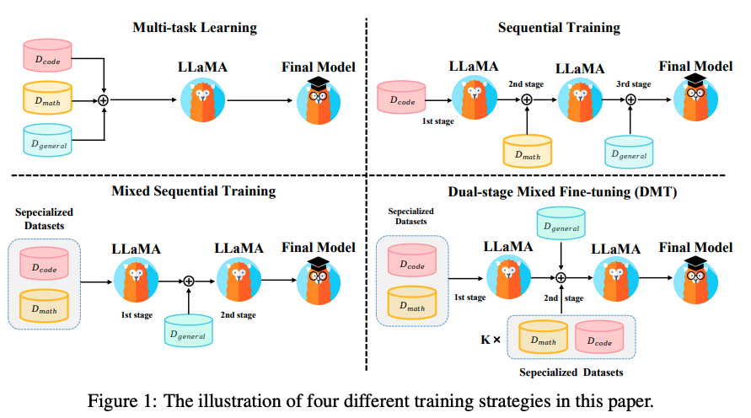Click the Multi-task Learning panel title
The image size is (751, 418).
pyautogui.click(x=195, y=28)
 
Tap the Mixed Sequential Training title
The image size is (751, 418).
pyautogui.click(x=194, y=190)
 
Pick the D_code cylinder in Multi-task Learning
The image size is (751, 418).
pyautogui.click(x=46, y=57)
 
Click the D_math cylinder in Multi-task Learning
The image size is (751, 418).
pyautogui.click(x=46, y=99)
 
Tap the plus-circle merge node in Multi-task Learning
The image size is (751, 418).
pyautogui.click(x=104, y=100)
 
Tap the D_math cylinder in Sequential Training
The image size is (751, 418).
pyautogui.click(x=527, y=152)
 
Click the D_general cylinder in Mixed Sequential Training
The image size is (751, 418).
pyautogui.click(x=190, y=332)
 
